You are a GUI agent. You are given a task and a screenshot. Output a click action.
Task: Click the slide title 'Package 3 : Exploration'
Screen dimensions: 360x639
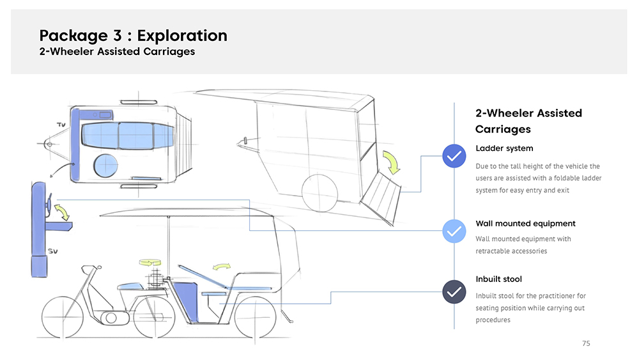pos(133,35)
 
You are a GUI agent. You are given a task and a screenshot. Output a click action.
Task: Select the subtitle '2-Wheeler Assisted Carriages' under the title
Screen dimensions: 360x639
pos(117,52)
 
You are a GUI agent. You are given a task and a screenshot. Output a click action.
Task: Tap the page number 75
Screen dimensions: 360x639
pos(586,344)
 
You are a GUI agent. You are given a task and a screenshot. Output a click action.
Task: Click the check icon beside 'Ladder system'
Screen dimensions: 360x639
pos(454,155)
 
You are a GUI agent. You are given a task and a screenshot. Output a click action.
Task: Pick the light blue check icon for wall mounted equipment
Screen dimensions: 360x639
pos(454,231)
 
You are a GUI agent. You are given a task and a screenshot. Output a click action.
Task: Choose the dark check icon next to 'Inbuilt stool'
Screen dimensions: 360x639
pos(454,292)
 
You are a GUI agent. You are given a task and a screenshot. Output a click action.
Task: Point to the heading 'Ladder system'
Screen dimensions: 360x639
pos(504,149)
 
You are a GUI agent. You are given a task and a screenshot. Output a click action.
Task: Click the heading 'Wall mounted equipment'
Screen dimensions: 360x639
pos(525,224)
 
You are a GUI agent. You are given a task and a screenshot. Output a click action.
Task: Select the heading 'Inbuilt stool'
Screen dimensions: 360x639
pos(498,279)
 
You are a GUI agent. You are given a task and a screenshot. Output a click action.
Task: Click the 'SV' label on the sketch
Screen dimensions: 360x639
pos(54,251)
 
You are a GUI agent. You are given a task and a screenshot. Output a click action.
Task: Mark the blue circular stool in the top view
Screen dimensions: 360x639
pos(105,166)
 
